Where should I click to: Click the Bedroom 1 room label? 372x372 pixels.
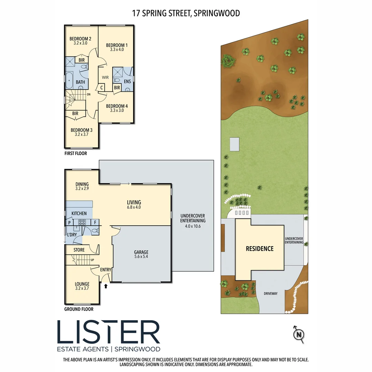(117, 45)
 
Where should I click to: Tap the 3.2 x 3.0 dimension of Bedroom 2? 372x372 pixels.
(80, 43)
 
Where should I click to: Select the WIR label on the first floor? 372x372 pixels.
(105, 77)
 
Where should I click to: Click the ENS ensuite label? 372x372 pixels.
(127, 82)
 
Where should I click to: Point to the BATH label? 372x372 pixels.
(80, 82)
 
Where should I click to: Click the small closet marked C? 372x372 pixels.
(102, 88)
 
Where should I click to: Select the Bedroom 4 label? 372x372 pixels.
(117, 106)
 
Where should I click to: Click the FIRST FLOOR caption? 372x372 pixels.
(76, 153)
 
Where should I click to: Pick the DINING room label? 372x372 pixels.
(82, 184)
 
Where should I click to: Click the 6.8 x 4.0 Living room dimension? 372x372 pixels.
(134, 207)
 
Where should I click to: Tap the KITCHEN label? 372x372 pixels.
(79, 214)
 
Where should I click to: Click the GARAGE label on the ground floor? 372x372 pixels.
(141, 252)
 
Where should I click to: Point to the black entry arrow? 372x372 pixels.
(106, 286)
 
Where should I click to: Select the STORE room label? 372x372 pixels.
(79, 249)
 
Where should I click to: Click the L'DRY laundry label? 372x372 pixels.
(72, 235)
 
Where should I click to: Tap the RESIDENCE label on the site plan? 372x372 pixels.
(260, 249)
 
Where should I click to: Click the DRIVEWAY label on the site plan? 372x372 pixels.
(271, 293)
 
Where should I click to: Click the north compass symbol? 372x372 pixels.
(298, 334)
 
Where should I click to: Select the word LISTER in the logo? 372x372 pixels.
(108, 332)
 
